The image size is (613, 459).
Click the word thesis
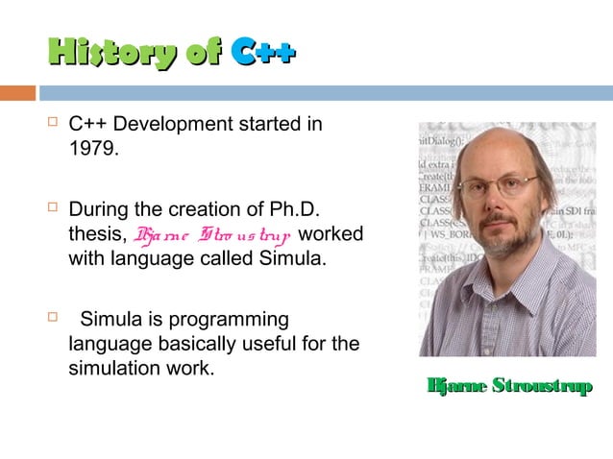point(95,234)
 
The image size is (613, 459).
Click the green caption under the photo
point(508,386)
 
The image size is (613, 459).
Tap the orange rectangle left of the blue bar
point(17,93)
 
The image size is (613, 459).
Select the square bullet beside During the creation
point(53,208)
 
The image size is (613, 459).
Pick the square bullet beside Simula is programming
point(53,319)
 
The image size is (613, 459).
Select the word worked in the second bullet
point(332,234)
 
